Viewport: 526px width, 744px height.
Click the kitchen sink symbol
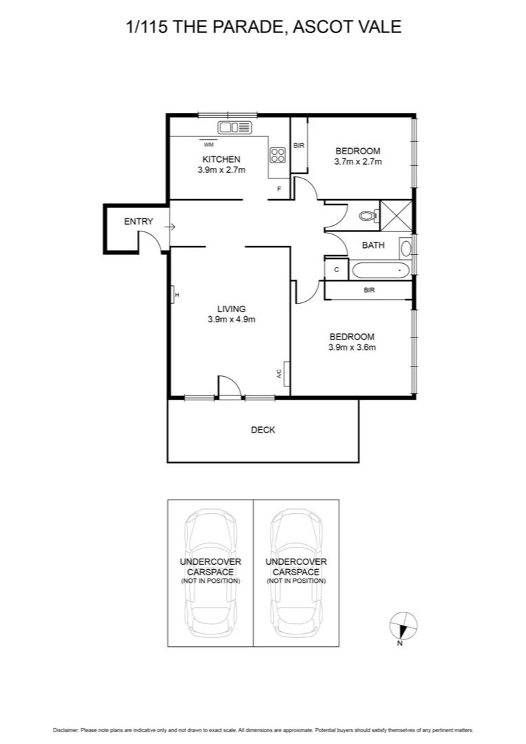[x=236, y=127]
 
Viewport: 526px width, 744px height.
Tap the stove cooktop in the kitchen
[x=277, y=156]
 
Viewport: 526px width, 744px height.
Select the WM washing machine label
[x=208, y=145]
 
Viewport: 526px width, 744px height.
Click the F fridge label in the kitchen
[x=279, y=188]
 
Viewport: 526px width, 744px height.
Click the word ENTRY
[x=138, y=222]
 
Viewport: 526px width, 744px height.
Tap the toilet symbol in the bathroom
[x=369, y=216]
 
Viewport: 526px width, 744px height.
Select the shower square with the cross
[x=395, y=214]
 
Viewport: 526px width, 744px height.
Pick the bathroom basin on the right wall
[x=406, y=247]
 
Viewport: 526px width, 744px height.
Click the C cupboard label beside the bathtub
[x=337, y=269]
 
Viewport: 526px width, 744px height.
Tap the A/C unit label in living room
[x=280, y=375]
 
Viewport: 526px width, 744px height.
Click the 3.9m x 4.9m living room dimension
[x=231, y=319]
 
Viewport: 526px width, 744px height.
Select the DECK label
[x=262, y=430]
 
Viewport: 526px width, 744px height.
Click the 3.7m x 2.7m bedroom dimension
[x=357, y=161]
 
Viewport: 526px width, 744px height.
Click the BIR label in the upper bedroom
[x=299, y=146]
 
